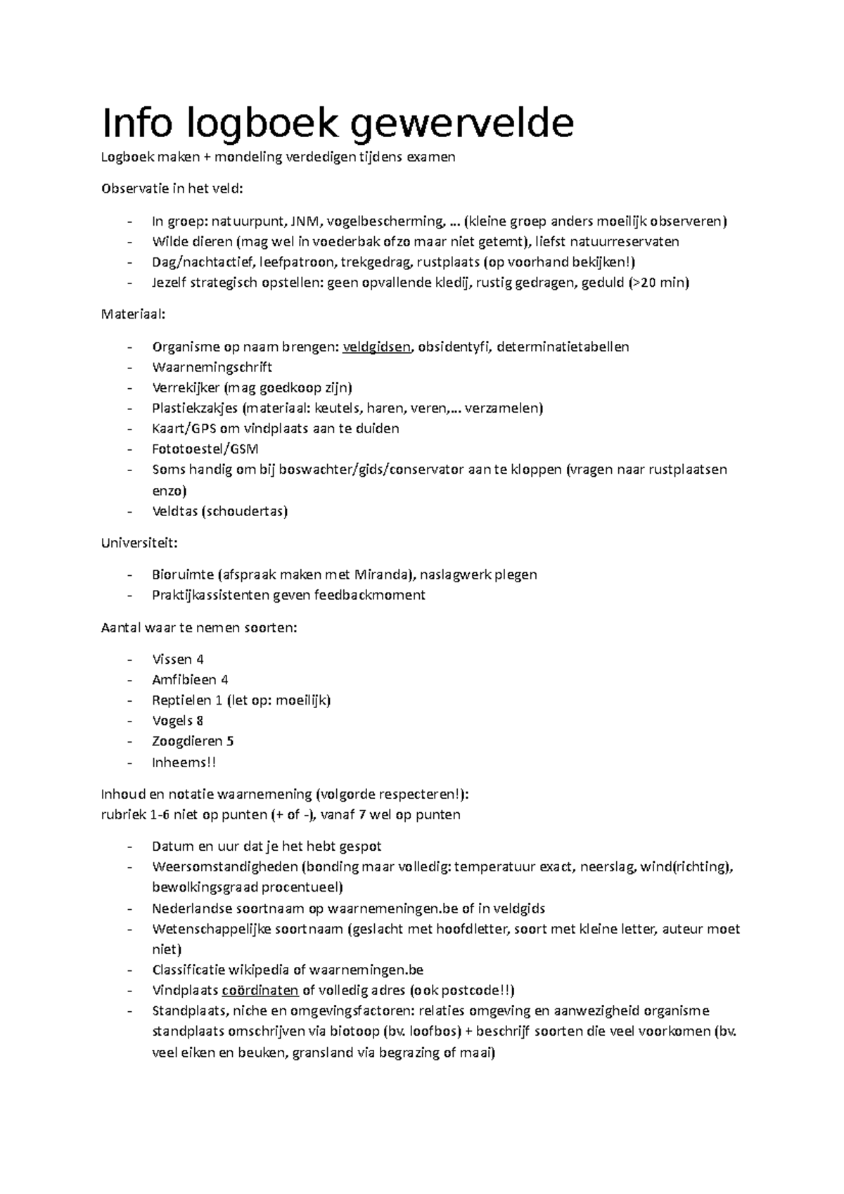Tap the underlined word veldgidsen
[377, 347]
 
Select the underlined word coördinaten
[260, 991]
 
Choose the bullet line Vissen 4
[177, 660]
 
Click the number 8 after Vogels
[200, 721]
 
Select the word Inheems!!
[184, 762]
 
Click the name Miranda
[381, 574]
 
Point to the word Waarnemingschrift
[212, 367]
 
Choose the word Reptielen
[181, 700]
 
